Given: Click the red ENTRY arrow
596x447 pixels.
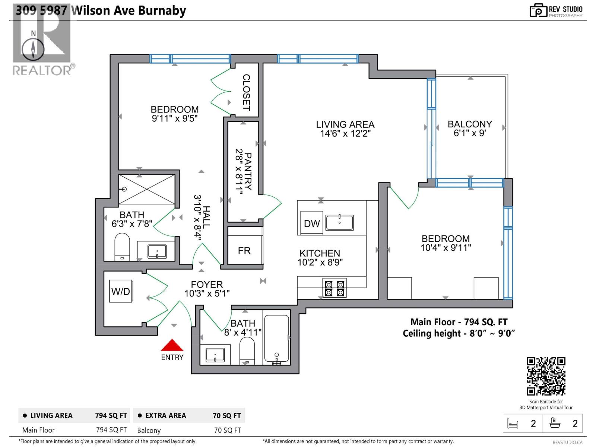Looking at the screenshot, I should (172, 345).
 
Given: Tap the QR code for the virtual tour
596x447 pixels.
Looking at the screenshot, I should (546, 376).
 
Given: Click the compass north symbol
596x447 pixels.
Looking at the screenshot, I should (33, 48).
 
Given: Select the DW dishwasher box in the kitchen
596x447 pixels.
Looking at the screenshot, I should (311, 223).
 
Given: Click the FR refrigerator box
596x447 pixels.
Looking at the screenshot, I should (244, 251).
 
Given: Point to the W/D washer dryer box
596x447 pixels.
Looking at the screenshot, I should (120, 291).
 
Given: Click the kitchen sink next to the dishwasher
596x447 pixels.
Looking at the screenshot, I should (339, 223).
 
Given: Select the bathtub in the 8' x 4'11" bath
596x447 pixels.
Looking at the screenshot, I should (276, 339).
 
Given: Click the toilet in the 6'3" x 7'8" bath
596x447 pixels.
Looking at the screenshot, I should (122, 247).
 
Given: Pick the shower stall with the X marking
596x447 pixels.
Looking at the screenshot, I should (146, 189).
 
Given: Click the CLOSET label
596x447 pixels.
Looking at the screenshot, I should (246, 92).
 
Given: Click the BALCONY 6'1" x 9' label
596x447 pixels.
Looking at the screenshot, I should (470, 129).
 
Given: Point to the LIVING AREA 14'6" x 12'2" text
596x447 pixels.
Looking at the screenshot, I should (345, 129).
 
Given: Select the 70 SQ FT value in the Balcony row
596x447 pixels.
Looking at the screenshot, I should (227, 430).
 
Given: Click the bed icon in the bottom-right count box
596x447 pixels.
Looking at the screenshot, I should (513, 424).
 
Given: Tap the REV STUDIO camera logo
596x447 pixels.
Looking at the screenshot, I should (538, 10).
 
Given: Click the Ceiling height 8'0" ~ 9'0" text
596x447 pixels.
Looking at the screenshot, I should (459, 333).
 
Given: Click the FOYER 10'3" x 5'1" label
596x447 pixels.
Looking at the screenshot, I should (207, 289).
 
